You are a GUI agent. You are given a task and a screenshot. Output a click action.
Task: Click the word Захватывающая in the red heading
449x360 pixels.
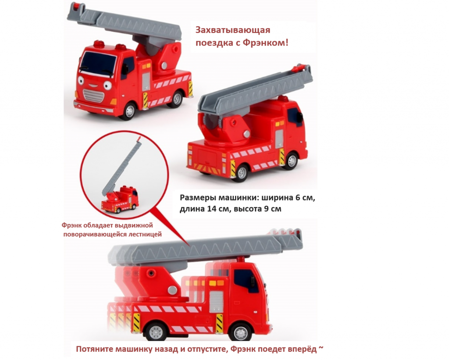coord(233,30)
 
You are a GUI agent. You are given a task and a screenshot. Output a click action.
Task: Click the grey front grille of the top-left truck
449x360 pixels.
coord(93,96)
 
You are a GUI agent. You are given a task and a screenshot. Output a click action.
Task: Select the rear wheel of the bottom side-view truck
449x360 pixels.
coord(156,332)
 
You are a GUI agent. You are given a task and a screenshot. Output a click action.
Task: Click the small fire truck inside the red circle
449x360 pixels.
coord(120,200)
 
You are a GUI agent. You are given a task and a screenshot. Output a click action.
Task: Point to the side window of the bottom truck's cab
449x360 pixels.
coord(246,281)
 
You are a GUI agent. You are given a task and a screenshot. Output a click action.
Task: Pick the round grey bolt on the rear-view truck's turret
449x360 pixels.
coord(246,134)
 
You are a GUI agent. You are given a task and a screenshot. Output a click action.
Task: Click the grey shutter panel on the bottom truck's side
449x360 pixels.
coord(216,302)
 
